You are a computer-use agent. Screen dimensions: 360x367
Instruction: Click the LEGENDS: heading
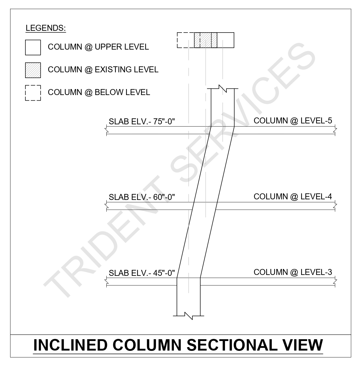46,28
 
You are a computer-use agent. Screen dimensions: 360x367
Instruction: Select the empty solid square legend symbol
33,48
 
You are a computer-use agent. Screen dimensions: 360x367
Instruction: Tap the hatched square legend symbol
33,70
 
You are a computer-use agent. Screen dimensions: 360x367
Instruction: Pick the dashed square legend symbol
33,93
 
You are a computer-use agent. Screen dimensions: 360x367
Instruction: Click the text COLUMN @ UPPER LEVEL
98,47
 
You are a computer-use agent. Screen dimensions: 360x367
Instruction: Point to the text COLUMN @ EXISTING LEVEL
103,70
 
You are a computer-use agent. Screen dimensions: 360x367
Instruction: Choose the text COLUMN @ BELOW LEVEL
99,92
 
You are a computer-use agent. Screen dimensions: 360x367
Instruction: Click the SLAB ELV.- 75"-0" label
142,121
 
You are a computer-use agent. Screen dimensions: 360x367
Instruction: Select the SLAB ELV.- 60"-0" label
142,197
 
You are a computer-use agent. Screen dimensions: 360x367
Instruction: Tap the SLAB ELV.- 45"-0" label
142,273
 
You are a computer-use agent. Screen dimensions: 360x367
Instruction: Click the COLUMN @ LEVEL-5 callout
293,120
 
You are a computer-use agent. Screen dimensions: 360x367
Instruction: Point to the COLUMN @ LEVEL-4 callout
293,196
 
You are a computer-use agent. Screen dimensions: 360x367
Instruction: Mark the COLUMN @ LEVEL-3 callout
293,272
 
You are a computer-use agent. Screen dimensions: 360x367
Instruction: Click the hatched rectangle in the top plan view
206,40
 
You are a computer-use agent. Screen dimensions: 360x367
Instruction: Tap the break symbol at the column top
223,88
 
